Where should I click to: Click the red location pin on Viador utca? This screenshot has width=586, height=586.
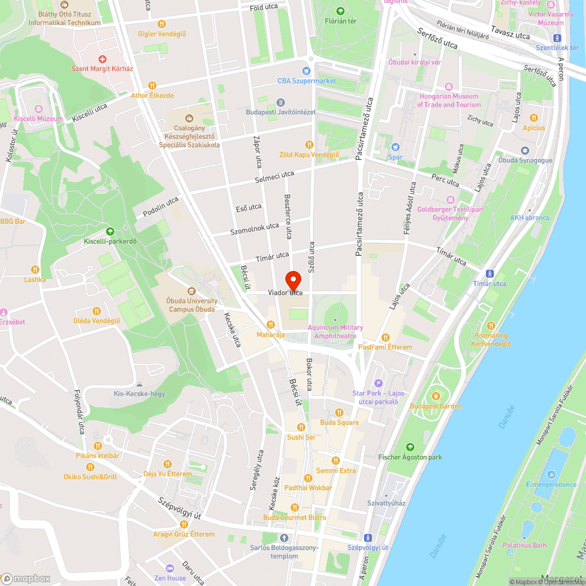[293, 280]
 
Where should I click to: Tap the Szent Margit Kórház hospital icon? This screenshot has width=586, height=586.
[103, 59]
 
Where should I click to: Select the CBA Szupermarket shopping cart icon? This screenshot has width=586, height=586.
[306, 70]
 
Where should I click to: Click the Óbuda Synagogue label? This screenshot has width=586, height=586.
[525, 160]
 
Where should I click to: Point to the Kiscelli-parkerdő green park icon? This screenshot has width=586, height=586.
[110, 231]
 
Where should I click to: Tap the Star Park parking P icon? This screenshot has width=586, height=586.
[378, 383]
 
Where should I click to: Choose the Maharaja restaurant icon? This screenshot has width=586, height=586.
[271, 325]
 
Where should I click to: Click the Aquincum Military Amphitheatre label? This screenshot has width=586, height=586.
[338, 332]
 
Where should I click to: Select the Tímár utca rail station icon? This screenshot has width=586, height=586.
[490, 274]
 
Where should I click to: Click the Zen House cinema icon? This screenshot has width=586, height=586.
[170, 568]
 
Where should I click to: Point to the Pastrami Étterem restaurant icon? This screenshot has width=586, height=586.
[386, 337]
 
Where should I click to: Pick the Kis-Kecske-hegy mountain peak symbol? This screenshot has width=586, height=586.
[139, 384]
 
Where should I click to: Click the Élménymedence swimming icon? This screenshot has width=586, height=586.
[551, 474]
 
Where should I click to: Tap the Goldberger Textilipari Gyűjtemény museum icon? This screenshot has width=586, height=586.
[450, 199]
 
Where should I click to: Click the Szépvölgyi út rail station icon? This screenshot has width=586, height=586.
[367, 537]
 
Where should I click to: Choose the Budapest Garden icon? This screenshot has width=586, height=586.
[435, 396]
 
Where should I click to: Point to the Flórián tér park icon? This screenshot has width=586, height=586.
[340, 11]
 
